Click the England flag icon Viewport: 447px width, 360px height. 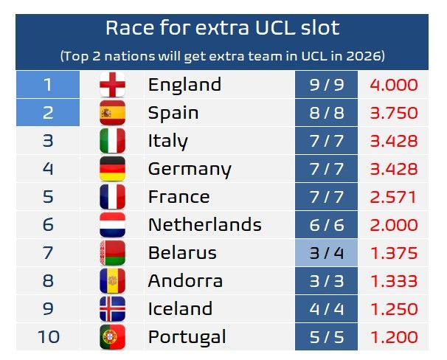tap(112, 85)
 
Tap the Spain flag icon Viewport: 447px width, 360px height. tap(112, 113)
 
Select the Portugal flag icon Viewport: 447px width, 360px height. tap(112, 337)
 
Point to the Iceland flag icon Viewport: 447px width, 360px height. tap(112, 309)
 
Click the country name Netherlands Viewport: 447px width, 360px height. tap(204, 224)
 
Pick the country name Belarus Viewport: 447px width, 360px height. tap(182, 253)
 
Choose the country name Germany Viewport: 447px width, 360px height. tap(190, 169)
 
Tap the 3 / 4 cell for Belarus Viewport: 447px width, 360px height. tap(326, 253)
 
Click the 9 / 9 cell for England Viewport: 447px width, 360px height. tap(326, 85)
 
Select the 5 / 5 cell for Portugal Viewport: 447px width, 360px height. tap(326, 337)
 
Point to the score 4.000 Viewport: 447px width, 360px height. tap(393, 85)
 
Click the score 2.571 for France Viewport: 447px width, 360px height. tap(393, 197)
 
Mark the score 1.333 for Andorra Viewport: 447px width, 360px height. tap(393, 281)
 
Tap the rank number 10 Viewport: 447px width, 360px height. tap(47, 337)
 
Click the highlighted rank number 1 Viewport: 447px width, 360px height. tap(47, 85)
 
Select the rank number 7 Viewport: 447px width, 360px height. tap(47, 253)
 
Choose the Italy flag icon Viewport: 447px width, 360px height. tap(112, 141)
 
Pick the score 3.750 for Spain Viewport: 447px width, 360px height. tap(393, 113)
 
